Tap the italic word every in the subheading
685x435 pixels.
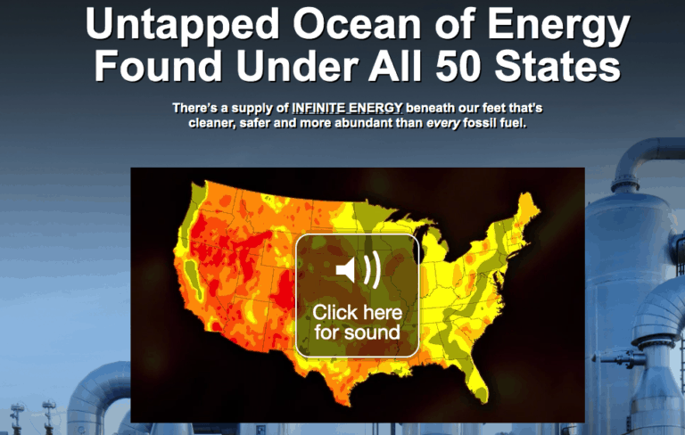pyautogui.click(x=443, y=123)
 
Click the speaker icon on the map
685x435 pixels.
pyautogui.click(x=357, y=269)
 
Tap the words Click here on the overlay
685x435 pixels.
pyautogui.click(x=357, y=313)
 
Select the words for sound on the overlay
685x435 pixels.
pyautogui.click(x=357, y=332)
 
